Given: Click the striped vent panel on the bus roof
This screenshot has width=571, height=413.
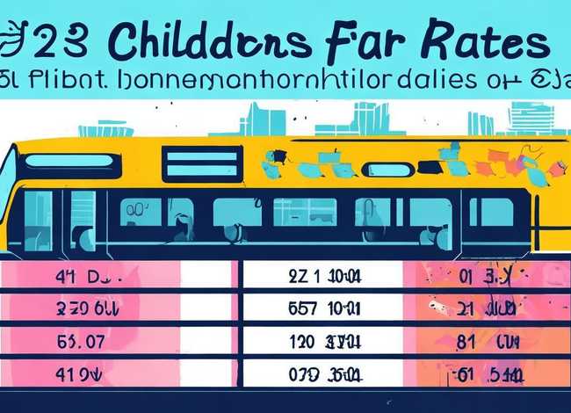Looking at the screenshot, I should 202,163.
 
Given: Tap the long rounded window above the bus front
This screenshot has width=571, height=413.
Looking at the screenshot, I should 70,161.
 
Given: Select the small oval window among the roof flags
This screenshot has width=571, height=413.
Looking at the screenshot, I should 387,169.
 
